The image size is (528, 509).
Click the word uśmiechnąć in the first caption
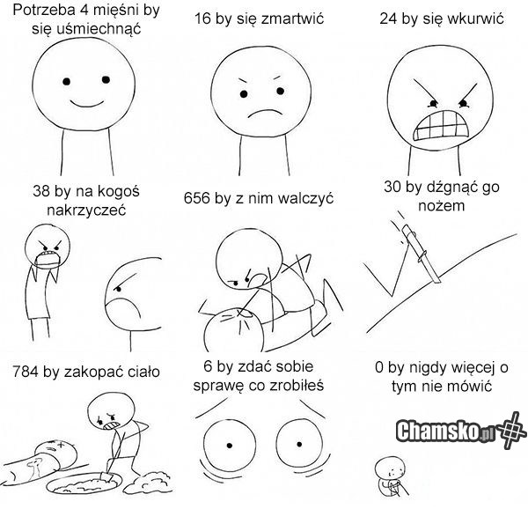[x=86, y=29]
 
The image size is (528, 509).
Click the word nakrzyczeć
[x=86, y=210]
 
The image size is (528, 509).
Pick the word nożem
[x=442, y=205]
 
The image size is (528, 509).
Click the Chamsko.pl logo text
[x=445, y=432]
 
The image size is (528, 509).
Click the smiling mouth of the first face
[x=86, y=103]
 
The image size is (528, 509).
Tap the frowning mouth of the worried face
[x=264, y=113]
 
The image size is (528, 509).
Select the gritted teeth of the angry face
[x=441, y=125]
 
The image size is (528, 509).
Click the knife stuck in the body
[x=422, y=253]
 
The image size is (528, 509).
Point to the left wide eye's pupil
[x=230, y=446]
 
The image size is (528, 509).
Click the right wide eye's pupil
[x=299, y=445]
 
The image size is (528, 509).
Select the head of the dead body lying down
[x=57, y=454]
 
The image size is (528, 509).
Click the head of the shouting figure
[x=48, y=245]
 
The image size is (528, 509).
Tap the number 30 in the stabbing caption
[x=392, y=187]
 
